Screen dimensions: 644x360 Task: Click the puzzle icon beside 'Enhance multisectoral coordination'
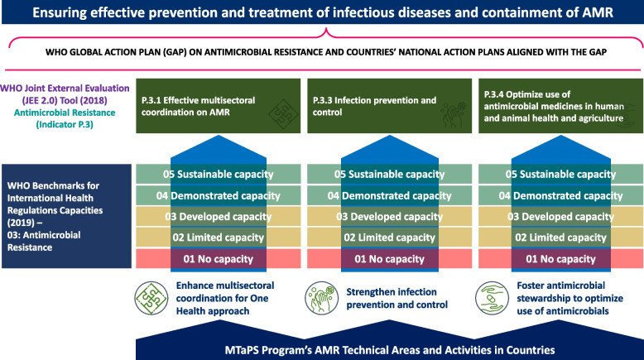(151, 299)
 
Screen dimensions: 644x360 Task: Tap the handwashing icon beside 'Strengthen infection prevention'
(322, 299)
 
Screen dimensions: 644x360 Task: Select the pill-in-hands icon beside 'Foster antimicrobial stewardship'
(492, 299)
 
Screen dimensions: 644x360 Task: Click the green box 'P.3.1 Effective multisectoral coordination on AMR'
(218, 106)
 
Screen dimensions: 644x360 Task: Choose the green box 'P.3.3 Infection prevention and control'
(389, 106)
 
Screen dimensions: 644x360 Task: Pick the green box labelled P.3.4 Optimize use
(560, 106)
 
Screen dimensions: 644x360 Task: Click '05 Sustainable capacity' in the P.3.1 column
(218, 174)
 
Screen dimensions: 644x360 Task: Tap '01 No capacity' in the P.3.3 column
(389, 259)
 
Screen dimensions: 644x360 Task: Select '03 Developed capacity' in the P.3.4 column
(560, 217)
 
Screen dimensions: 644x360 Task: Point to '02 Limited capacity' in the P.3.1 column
(218, 238)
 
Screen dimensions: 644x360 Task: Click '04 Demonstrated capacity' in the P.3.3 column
(389, 196)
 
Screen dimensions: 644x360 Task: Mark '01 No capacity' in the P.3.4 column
(560, 259)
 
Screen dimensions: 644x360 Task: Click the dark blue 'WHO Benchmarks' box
(66, 216)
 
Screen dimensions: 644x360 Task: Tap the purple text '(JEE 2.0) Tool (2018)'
(65, 100)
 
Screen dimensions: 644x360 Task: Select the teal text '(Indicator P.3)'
(65, 124)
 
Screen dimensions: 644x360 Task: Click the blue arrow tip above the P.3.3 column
(389, 137)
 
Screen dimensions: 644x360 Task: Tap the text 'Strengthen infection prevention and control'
(396, 299)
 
